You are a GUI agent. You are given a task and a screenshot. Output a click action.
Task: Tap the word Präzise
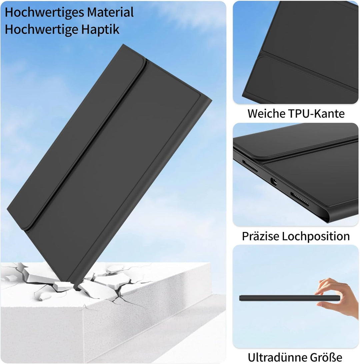[x=260, y=236]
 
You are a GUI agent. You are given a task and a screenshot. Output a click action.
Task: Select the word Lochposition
[x=316, y=236]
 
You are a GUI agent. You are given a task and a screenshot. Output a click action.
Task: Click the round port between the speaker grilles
[x=274, y=182]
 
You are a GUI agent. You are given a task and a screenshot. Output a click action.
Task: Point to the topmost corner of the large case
[x=124, y=45]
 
